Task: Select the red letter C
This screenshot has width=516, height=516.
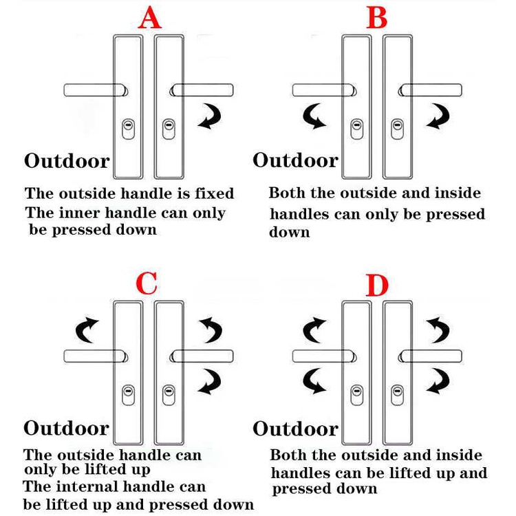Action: (147, 283)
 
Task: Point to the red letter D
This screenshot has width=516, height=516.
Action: (377, 286)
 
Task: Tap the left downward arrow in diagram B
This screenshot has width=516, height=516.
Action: (316, 117)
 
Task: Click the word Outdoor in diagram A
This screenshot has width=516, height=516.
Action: (67, 162)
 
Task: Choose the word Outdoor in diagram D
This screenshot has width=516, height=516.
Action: (295, 429)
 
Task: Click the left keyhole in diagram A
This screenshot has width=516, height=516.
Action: (127, 128)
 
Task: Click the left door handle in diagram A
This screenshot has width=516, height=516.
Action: (95, 90)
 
